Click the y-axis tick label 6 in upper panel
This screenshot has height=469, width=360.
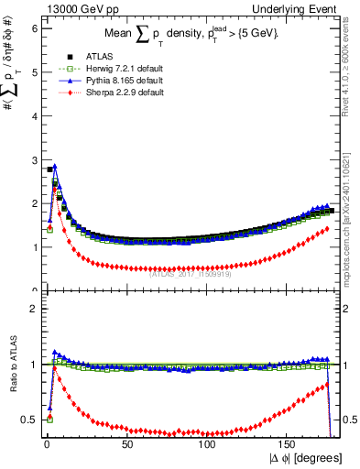tap(34, 28)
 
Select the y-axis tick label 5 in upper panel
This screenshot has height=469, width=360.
tap(34, 72)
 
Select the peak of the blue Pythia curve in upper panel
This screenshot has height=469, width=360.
tap(54, 167)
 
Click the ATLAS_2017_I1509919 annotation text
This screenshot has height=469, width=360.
tap(191, 273)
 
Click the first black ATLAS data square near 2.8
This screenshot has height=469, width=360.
tap(49, 169)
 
